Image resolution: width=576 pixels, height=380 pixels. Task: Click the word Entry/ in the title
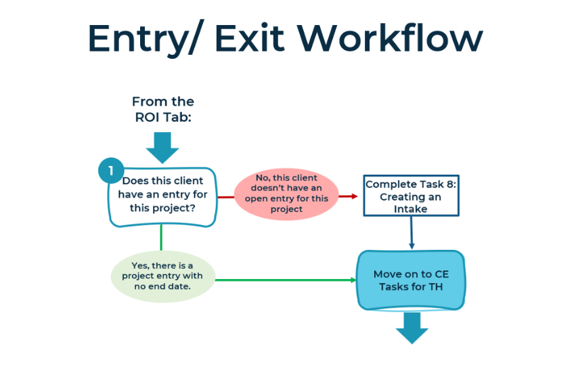click(143, 39)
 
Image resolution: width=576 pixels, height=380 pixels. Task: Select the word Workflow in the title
click(390, 37)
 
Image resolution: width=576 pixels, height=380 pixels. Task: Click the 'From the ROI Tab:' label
click(163, 109)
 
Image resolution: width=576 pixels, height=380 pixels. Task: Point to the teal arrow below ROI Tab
click(162, 148)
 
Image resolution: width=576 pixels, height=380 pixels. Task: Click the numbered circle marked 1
click(111, 171)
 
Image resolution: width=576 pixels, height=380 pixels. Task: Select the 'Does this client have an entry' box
click(162, 197)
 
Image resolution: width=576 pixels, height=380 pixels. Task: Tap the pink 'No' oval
click(286, 194)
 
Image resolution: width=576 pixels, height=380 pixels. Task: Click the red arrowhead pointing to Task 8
click(354, 196)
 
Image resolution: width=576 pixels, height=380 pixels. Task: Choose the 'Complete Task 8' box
click(411, 196)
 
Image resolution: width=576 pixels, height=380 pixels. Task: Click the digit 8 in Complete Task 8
click(450, 184)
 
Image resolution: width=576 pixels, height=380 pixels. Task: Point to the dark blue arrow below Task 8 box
click(412, 232)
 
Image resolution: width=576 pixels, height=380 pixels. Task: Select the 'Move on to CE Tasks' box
click(411, 280)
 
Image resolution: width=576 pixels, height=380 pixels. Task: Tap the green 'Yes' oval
click(162, 276)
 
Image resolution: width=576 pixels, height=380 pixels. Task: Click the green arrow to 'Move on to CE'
click(286, 280)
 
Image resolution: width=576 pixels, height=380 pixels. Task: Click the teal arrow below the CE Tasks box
click(412, 328)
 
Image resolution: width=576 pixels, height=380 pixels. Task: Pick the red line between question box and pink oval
click(226, 197)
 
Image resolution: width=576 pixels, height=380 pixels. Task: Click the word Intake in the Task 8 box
click(411, 209)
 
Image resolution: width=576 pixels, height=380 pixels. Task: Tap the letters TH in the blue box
click(435, 287)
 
